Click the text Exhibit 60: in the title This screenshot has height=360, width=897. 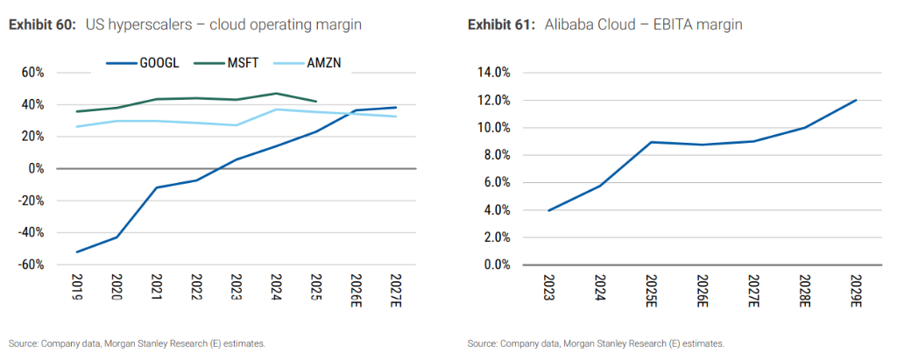44,25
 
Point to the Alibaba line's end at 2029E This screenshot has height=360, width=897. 855,100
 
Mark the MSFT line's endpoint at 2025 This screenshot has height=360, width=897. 315,101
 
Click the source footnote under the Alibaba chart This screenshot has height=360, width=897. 596,343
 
